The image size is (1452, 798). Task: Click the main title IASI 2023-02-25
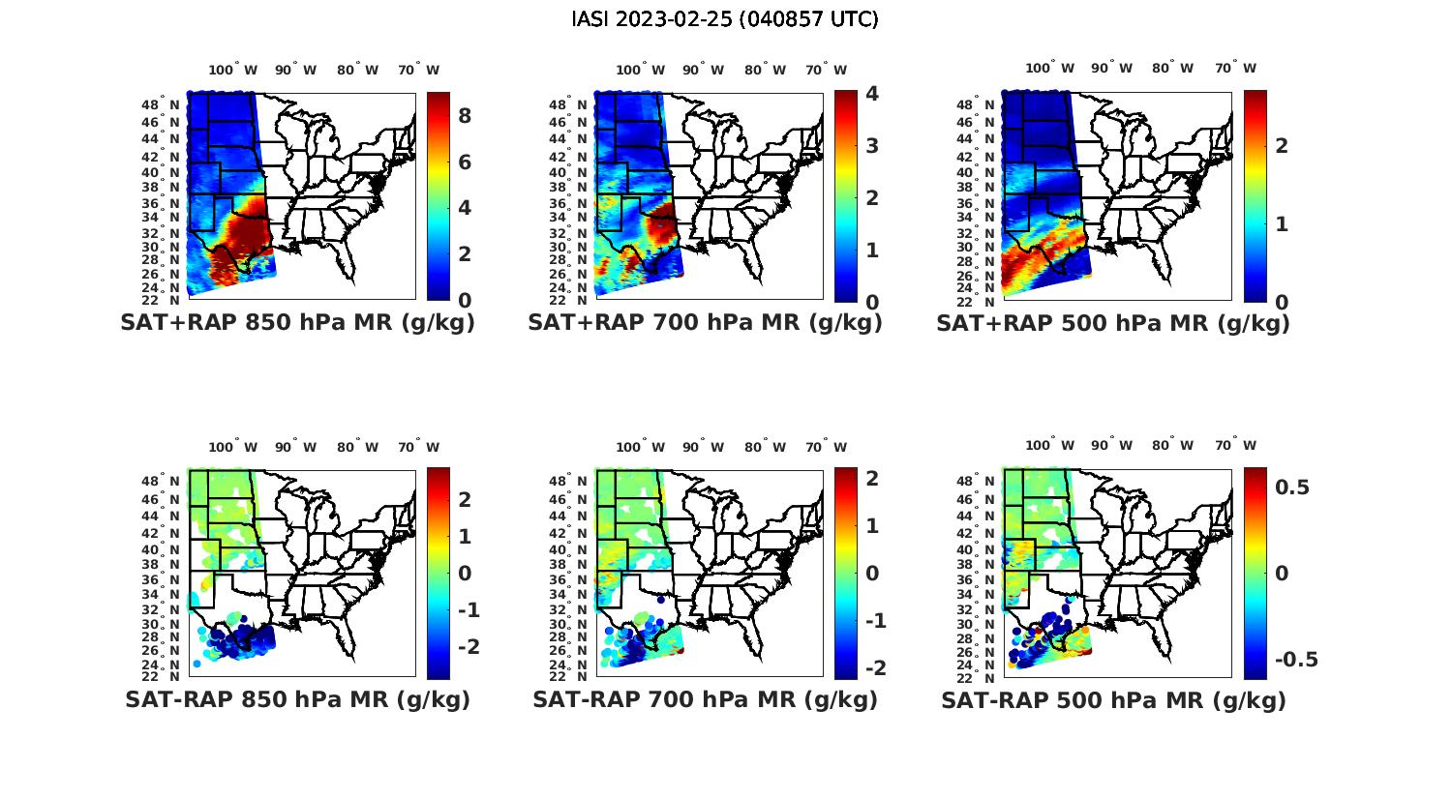tap(725, 19)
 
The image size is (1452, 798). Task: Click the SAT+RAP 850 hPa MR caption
tap(297, 323)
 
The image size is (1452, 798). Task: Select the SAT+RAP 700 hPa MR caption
tap(705, 323)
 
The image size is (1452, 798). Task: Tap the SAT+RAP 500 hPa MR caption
tap(1113, 323)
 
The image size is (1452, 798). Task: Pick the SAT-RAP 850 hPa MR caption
tap(297, 699)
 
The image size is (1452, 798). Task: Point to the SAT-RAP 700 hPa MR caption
tap(705, 699)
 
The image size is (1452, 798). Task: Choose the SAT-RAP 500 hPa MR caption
tap(1113, 700)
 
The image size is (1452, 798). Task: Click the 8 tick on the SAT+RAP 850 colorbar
tap(465, 116)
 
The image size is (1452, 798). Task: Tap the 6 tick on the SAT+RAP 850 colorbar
tap(465, 162)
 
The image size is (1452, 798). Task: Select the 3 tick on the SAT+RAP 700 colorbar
tap(872, 146)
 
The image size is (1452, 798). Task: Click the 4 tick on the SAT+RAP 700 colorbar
tap(872, 94)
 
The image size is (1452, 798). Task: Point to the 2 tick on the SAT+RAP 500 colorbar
tap(1282, 145)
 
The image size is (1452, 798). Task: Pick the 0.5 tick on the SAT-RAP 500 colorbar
tap(1292, 487)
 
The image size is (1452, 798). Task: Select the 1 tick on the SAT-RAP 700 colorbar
tap(872, 526)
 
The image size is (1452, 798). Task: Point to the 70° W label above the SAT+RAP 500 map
tap(1235, 68)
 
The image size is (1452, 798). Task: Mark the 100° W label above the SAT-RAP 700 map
tap(640, 447)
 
